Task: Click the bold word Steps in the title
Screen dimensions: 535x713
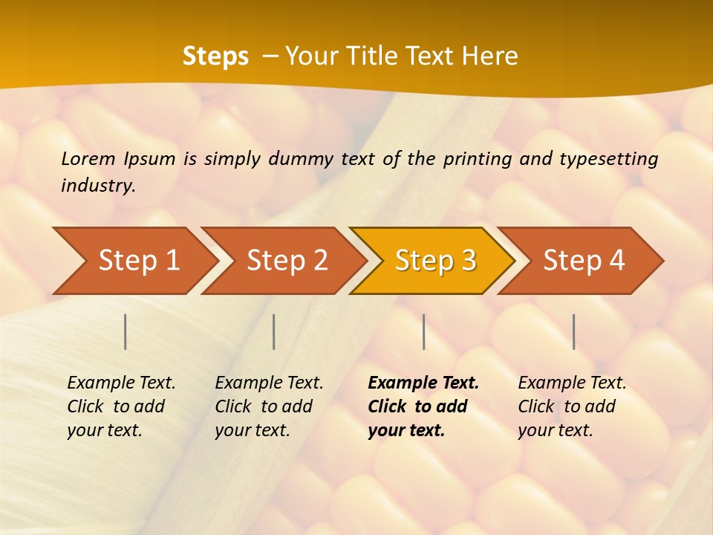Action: pos(215,56)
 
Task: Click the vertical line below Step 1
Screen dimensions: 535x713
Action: pos(126,331)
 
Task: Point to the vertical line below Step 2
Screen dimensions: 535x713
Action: pos(274,331)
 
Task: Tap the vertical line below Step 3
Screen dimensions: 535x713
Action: pos(424,331)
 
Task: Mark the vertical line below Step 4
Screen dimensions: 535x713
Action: pos(574,331)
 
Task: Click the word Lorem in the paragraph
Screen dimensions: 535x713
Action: pos(88,158)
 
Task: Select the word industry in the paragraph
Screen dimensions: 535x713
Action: pos(98,186)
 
